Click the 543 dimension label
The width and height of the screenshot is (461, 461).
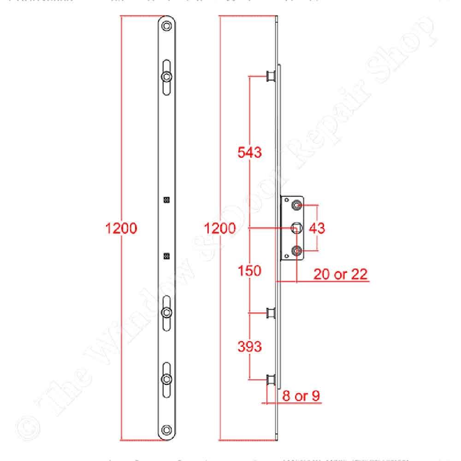click(x=249, y=152)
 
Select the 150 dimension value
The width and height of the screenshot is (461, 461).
click(x=249, y=271)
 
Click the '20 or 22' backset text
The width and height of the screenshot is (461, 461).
click(x=340, y=274)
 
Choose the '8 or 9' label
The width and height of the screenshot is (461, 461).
click(x=301, y=396)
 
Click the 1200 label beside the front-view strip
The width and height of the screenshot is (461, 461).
click(x=121, y=228)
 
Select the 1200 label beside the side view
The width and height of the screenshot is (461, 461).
click(x=220, y=228)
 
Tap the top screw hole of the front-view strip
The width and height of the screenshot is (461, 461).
click(x=167, y=26)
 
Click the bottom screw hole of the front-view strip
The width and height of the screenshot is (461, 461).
click(x=167, y=430)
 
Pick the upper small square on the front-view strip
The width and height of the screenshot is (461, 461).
click(x=167, y=200)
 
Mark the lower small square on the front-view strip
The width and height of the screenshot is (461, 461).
click(x=167, y=256)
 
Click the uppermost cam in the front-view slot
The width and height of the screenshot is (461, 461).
click(x=167, y=76)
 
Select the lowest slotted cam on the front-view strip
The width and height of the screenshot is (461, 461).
click(x=167, y=379)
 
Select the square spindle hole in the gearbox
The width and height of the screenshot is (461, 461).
click(x=297, y=227)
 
